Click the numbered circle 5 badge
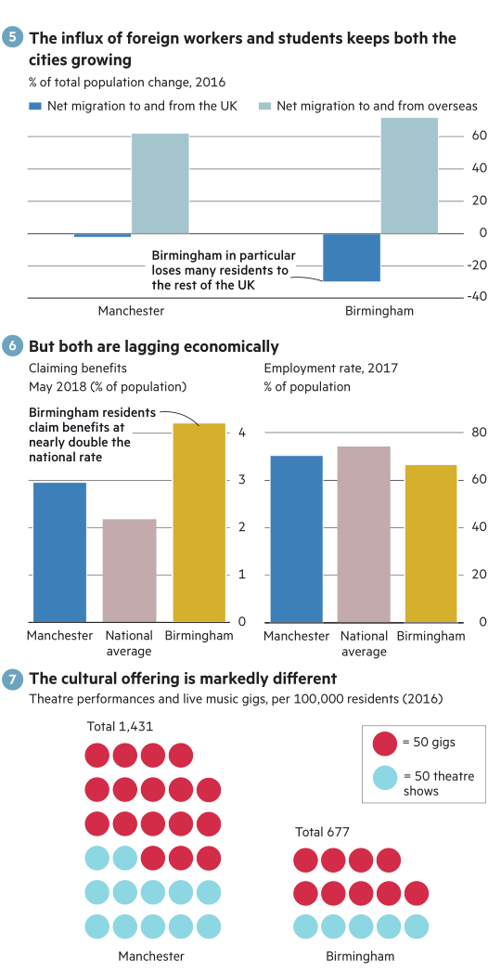point(13,38)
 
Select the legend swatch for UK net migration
point(35,106)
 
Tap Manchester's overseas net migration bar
point(160,183)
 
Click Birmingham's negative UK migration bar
point(352,258)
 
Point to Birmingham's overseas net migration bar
point(409,175)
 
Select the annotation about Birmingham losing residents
point(224,270)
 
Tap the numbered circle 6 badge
point(13,345)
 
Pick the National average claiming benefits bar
point(130,570)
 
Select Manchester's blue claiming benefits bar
point(59,552)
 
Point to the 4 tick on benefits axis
point(242,433)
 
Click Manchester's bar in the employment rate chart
point(296,538)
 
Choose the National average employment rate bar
point(364,535)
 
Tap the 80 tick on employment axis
point(479,433)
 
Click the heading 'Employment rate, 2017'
point(330,368)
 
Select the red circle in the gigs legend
point(385,744)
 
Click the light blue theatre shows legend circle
point(385,778)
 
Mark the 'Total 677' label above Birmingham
point(322,832)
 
